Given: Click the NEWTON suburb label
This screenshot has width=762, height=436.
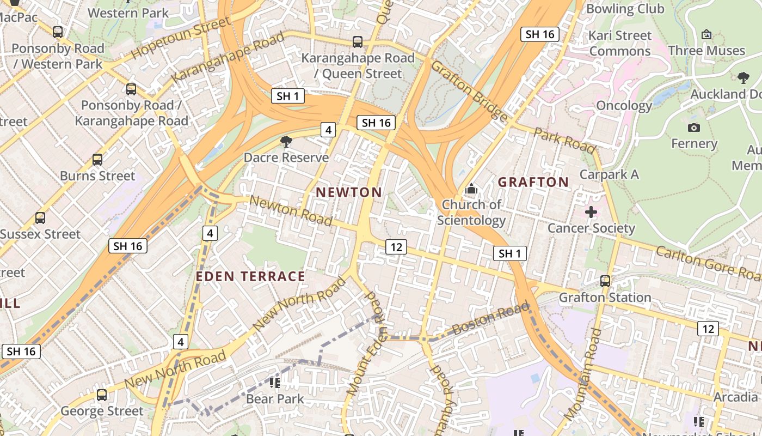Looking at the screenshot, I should pos(349,192).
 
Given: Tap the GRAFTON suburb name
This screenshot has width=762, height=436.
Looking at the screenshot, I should pos(533,182).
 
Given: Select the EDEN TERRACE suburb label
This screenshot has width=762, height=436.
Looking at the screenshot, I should pos(250,276).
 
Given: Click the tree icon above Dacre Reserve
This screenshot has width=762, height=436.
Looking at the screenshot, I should pos(286,142).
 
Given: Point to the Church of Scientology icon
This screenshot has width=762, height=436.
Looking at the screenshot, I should pos(471,190).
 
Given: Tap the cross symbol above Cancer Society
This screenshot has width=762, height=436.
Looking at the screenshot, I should pos(591,212).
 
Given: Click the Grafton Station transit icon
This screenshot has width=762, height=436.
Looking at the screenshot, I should pos(605,281).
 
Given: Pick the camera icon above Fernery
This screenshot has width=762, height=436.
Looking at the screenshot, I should pos(693,128).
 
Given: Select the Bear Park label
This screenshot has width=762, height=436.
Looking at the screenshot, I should pos(275,399).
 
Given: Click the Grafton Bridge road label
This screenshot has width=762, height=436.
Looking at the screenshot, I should pos(469,90).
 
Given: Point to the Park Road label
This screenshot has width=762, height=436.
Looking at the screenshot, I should pos(564,141).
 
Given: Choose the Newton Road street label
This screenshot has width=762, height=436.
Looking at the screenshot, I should pos(291,211).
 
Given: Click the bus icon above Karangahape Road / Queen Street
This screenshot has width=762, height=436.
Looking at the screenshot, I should pos(358,42).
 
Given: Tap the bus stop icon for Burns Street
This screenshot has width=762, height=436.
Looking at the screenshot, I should pos(97,160).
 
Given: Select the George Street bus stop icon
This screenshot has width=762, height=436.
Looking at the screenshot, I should pos(102,395).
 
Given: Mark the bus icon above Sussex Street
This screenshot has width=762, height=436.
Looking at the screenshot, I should pos(40,218).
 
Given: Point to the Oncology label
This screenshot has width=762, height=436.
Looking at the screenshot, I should pos(624,105).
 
